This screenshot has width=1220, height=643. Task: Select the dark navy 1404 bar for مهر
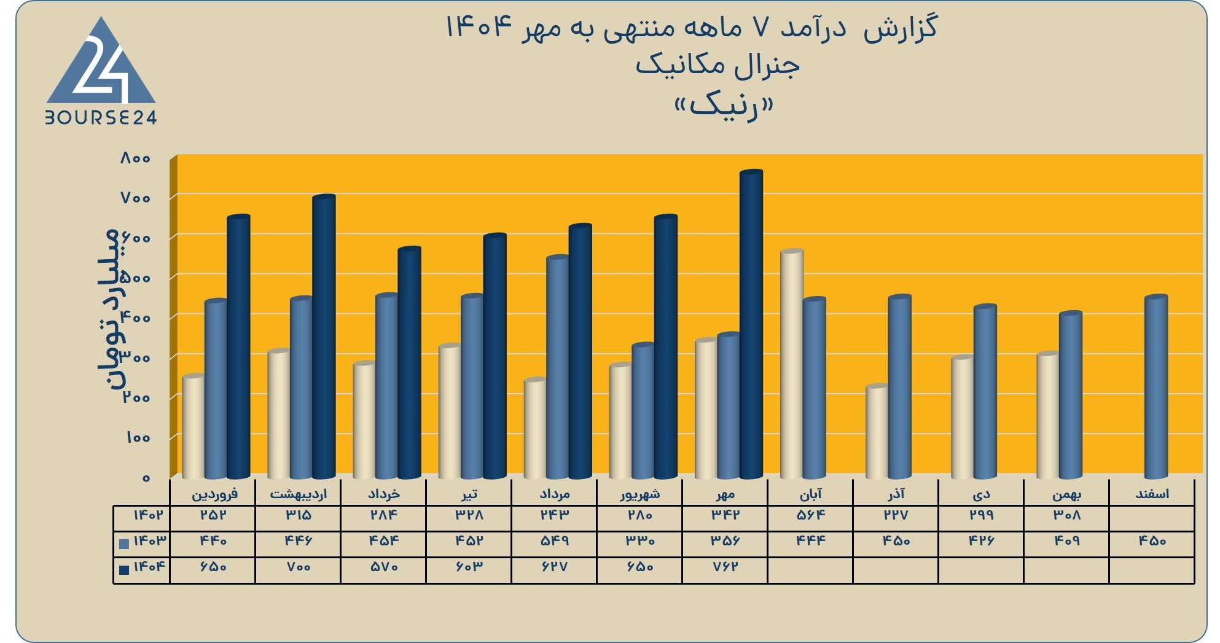[751, 324]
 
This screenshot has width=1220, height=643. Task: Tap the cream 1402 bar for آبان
[791, 364]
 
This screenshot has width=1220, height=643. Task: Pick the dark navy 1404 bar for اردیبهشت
[324, 337]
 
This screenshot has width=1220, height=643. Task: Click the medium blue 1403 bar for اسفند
[1155, 387]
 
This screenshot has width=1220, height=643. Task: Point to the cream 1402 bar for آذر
[877, 432]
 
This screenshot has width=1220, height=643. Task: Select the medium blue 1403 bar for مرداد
[558, 367]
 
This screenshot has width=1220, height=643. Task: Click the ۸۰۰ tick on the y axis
[135, 158]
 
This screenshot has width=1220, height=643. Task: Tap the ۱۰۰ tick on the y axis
[138, 438]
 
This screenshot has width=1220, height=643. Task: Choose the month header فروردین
[214, 494]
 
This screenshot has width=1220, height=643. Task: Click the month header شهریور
[640, 494]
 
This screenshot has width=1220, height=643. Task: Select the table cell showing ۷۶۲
[725, 567]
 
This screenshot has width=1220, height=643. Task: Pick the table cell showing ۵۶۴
[810, 515]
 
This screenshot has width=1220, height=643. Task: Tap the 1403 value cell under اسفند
[1152, 541]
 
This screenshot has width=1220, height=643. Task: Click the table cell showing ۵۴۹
[554, 541]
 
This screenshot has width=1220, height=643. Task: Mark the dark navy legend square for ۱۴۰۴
[124, 569]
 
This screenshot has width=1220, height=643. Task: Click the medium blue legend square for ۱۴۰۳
[124, 544]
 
